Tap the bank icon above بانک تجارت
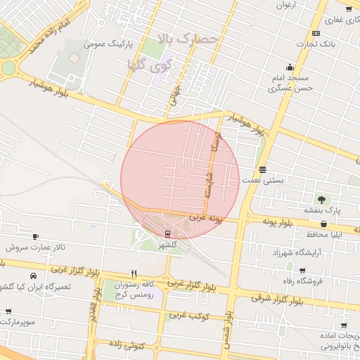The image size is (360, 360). coord(316,33)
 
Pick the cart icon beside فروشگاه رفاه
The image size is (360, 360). coord(302,270)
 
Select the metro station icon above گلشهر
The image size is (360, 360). coord(167,233)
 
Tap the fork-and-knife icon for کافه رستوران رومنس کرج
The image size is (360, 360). coord(134,274)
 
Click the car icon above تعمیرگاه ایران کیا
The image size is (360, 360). coord(34,276)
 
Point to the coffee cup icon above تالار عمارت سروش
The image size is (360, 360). coord(36,237)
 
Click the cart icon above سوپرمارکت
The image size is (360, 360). coord(8,311)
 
